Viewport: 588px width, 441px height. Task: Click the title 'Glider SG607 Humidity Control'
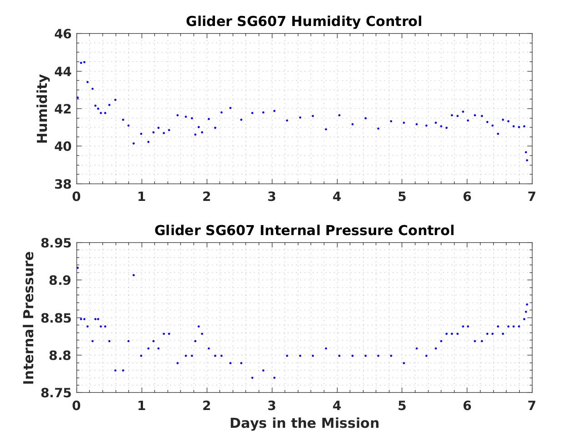[x=304, y=21]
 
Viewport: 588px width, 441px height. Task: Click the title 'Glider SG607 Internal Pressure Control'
[x=304, y=230]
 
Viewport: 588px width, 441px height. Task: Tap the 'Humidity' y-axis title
[x=42, y=108]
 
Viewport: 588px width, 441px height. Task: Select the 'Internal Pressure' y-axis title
[x=29, y=318]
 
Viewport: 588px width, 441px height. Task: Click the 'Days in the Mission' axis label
[x=304, y=423]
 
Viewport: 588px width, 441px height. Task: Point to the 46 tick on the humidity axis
[x=63, y=34]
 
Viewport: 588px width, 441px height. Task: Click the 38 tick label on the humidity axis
[x=63, y=184]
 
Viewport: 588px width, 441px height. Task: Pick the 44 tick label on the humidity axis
[x=63, y=72]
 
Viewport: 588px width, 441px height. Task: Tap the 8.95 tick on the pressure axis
[x=56, y=243]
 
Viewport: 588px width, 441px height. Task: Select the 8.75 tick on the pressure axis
[x=56, y=393]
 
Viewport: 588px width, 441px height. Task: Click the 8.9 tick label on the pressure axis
[x=59, y=281]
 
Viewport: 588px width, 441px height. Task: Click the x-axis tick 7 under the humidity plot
[x=532, y=197]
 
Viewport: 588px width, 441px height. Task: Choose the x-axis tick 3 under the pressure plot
[x=271, y=405]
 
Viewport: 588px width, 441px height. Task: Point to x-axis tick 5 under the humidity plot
[x=402, y=197]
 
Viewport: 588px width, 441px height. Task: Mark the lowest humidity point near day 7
[x=527, y=160]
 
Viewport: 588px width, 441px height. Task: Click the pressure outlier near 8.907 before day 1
[x=133, y=275]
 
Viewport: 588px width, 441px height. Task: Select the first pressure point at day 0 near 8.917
[x=77, y=268]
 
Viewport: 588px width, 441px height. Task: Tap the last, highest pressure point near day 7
[x=527, y=304]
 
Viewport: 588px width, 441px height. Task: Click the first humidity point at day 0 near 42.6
[x=77, y=97]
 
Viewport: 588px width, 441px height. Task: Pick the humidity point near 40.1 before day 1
[x=133, y=144]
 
